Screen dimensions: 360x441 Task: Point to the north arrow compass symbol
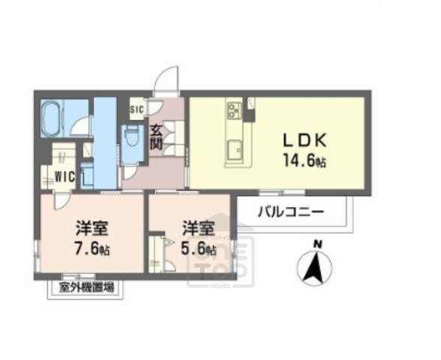coord(316,266)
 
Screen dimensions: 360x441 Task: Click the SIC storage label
coord(136,109)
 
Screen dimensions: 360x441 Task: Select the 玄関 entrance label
coord(156,136)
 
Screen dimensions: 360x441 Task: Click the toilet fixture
coord(133,137)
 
